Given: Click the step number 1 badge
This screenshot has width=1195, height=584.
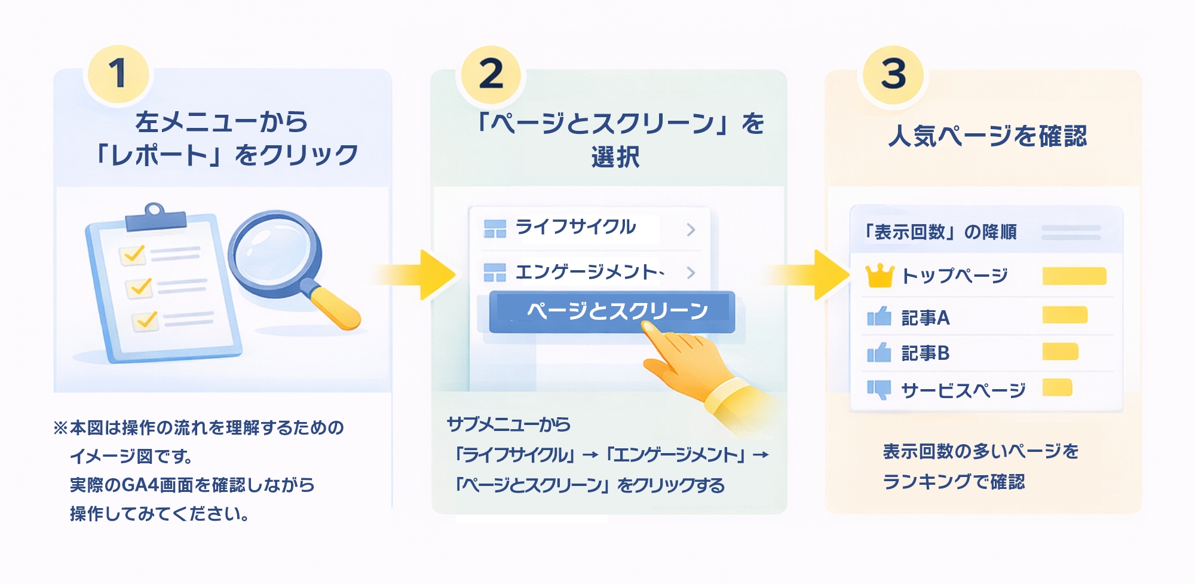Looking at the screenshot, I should [x=118, y=74].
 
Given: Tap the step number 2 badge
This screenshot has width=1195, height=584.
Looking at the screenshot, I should [x=491, y=74].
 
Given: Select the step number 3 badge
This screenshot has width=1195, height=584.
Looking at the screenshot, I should [x=893, y=74].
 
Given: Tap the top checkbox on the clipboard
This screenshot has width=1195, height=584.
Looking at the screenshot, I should [x=133, y=254].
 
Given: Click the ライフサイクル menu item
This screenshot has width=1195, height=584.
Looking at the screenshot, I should [x=575, y=228].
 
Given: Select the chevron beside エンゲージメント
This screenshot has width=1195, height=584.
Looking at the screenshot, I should [x=691, y=273].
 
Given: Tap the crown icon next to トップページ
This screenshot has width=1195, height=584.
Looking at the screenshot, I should [x=880, y=276].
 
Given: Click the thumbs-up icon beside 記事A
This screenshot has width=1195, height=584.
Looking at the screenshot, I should [x=879, y=316].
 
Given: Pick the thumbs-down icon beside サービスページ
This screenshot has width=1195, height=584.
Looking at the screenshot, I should [x=879, y=390].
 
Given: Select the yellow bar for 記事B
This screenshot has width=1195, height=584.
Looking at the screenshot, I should [x=1060, y=351].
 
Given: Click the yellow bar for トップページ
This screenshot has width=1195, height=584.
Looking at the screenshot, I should [x=1074, y=276].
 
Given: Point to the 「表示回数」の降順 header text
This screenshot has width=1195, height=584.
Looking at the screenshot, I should [x=940, y=232].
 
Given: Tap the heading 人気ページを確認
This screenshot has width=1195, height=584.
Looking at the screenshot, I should [x=987, y=136].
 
